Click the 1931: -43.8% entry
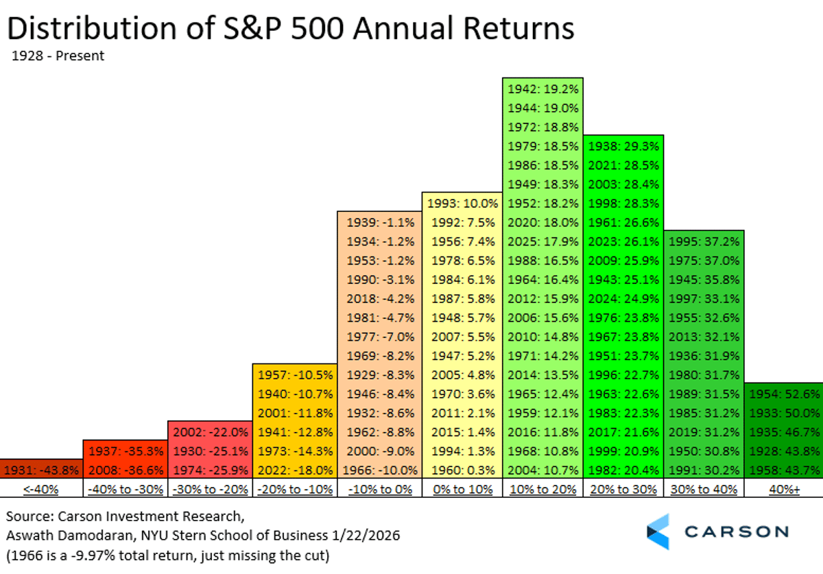(x=41, y=470)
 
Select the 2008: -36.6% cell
(x=126, y=470)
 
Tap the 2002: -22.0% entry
(x=210, y=432)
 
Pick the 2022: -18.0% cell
(x=295, y=470)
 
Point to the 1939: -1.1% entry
(x=379, y=223)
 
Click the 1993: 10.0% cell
(x=464, y=204)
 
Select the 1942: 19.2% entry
(x=542, y=89)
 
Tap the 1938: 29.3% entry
(x=623, y=147)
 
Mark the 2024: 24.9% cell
(x=623, y=298)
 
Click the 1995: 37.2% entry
(x=704, y=241)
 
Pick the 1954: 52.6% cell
(x=784, y=394)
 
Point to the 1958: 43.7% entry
(x=784, y=470)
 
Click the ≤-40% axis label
(x=41, y=489)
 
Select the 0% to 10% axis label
(x=464, y=489)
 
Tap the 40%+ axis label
(x=784, y=489)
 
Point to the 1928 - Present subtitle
(x=58, y=56)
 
